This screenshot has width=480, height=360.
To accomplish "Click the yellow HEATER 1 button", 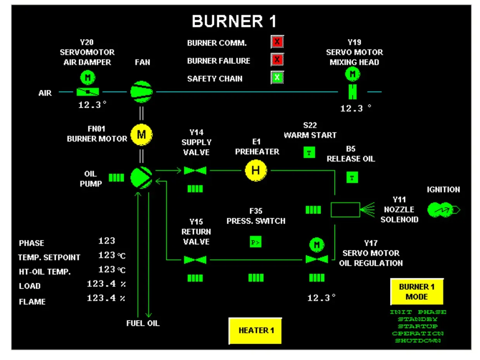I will pos(255,331).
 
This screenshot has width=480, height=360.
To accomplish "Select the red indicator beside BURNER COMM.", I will pos(277,42).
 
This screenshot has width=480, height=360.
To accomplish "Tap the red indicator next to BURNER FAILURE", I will pos(277,60).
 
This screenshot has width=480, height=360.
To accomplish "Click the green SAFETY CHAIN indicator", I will pos(277,78).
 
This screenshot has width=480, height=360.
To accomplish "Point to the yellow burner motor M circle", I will pos(142,134).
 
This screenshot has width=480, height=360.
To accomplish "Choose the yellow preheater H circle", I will pos(256,170).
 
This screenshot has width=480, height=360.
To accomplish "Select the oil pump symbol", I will pos(141,177).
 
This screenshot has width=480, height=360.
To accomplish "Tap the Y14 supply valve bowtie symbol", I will pos(195,170).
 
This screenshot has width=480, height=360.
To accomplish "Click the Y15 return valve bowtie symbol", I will pos(195,259).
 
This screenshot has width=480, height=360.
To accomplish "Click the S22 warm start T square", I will pos(309,153).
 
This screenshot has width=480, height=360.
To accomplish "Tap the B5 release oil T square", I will pos(352,177).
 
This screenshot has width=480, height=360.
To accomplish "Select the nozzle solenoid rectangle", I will pos(345,210).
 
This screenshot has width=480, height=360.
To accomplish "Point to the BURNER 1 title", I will pos(234,21).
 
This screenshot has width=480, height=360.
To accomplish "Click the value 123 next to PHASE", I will pos(107,241).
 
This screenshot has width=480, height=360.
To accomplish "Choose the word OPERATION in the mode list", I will pos(418,333).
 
